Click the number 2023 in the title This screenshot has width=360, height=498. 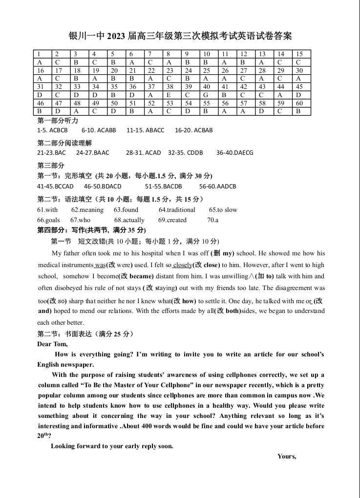point(116,36)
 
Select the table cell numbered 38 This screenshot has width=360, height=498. point(170,86)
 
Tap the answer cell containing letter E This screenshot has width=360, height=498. point(170,95)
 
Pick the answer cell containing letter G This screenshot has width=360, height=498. point(207,95)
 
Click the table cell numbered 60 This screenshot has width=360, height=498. point(299,103)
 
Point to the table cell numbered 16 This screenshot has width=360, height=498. point(41,70)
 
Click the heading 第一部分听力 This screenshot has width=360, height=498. point(58,121)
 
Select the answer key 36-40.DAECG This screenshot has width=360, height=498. point(235,153)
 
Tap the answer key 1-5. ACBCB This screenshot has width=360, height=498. point(52,130)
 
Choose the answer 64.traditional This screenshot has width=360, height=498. point(177,210)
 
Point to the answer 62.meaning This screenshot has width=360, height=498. point(87,210)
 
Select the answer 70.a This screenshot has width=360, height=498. point(212,220)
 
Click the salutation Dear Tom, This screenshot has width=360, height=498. point(52,344)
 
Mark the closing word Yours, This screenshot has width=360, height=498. point(287,456)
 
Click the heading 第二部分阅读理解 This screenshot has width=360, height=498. point(64,143)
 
